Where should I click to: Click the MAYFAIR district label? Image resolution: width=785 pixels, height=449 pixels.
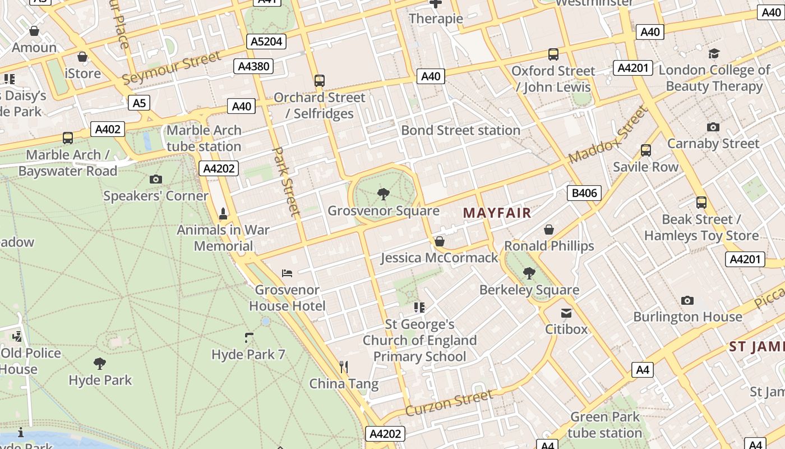(497, 213)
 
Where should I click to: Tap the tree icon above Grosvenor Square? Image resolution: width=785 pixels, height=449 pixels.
(384, 195)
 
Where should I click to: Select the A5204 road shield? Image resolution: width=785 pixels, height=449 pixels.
(267, 42)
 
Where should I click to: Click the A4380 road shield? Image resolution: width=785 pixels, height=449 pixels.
(254, 66)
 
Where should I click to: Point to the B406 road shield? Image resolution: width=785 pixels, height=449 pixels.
(584, 194)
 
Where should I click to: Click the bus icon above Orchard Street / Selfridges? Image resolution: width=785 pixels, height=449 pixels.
(320, 81)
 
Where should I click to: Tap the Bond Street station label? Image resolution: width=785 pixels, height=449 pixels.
(460, 130)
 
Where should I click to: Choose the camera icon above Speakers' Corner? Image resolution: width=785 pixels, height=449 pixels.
(156, 180)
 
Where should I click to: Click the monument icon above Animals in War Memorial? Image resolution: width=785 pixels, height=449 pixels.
(223, 213)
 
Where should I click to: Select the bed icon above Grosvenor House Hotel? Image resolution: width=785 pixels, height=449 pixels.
(287, 273)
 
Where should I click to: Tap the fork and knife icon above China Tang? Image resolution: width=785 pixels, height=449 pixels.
(344, 367)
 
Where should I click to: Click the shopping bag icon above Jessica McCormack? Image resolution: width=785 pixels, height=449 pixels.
(440, 241)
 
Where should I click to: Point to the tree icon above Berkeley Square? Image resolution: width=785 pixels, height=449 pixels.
(529, 273)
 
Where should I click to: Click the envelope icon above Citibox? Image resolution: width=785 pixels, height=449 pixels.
(566, 313)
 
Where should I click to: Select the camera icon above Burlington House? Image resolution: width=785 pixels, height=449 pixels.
(687, 300)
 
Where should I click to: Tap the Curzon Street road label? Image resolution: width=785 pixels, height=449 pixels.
(449, 403)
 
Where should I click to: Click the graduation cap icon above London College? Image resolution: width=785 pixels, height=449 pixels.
(714, 54)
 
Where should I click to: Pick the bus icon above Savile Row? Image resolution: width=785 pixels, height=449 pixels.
(646, 150)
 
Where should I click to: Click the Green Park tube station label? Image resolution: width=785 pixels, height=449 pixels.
(604, 425)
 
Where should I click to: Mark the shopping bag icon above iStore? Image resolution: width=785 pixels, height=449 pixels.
(82, 57)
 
